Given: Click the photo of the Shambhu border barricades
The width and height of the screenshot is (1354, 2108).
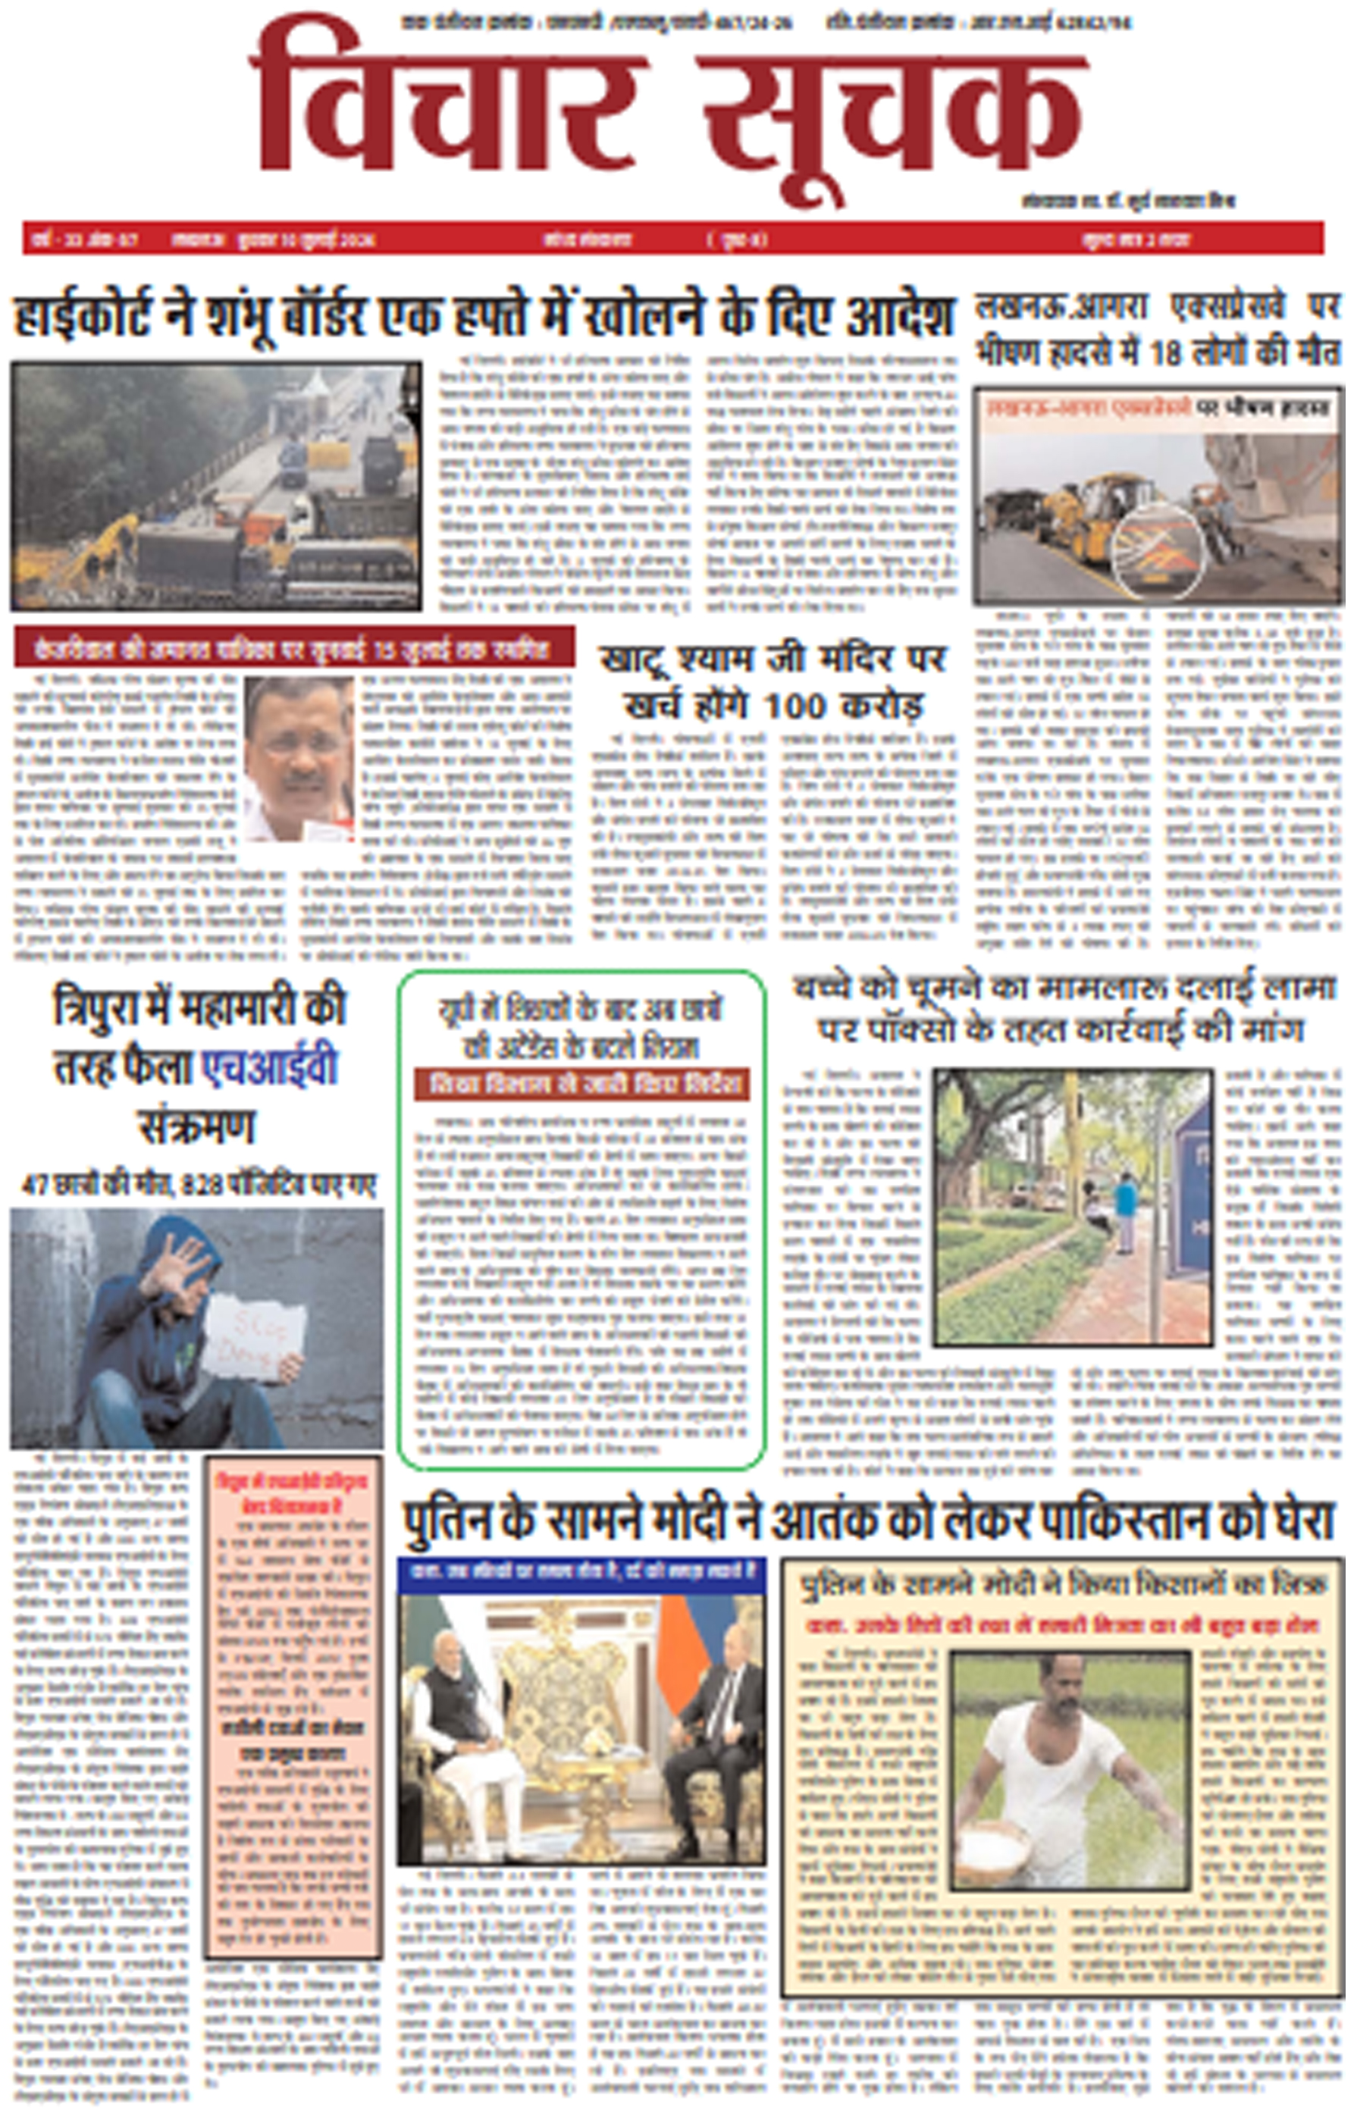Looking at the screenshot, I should [x=215, y=485].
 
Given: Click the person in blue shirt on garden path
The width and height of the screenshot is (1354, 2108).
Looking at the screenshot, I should [x=1124, y=1209].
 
